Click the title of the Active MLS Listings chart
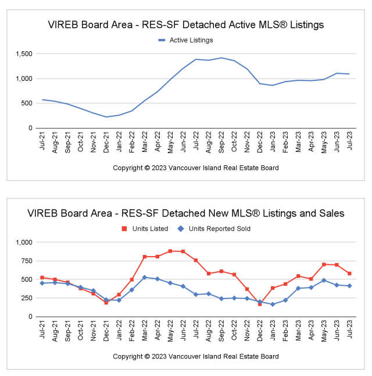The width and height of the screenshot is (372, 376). click(x=185, y=25)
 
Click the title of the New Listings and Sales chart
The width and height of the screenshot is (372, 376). click(x=185, y=214)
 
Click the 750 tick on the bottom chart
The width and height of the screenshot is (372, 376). click(x=27, y=261)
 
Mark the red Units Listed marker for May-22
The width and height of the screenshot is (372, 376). click(x=170, y=251)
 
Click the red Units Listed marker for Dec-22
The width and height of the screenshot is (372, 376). click(x=260, y=304)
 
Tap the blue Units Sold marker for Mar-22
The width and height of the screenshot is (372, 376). click(x=145, y=277)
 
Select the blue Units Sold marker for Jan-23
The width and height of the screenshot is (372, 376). click(x=273, y=304)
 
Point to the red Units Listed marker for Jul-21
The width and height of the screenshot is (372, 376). click(x=42, y=278)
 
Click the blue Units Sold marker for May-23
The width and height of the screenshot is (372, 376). click(x=324, y=281)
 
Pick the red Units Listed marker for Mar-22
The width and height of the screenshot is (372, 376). click(x=145, y=257)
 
